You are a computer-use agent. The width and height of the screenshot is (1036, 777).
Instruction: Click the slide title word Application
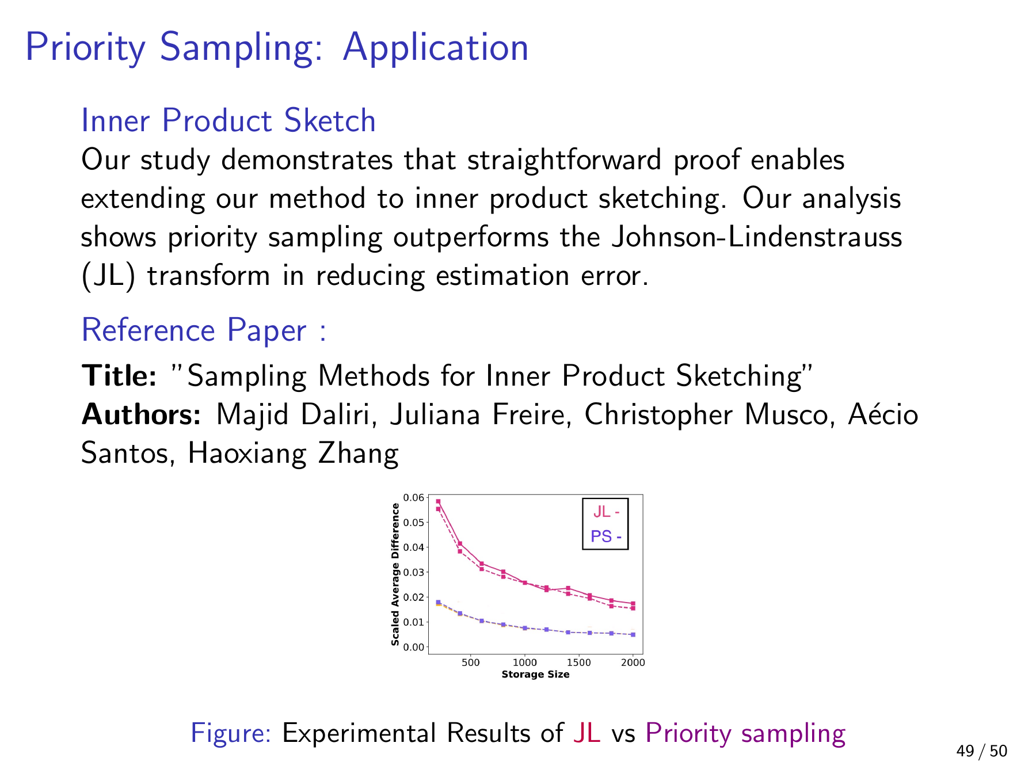435,48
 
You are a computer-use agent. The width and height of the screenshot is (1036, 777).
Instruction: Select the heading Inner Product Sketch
228,120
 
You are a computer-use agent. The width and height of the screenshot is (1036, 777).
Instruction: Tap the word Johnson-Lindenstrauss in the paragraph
756,237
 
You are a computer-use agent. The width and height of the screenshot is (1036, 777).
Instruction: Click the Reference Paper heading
204,331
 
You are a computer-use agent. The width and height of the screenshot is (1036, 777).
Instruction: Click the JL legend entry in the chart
606,512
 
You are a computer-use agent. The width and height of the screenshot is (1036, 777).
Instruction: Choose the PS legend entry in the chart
606,537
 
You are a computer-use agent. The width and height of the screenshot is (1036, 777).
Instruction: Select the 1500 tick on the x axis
578,662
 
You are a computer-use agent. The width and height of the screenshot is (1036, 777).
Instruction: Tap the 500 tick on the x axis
471,662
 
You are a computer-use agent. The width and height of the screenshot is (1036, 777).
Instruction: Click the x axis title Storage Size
535,674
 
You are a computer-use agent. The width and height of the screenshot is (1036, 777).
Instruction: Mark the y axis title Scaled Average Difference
395,574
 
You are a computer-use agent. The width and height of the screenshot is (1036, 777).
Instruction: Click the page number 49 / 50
982,751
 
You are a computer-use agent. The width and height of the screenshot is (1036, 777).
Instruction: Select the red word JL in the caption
587,733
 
